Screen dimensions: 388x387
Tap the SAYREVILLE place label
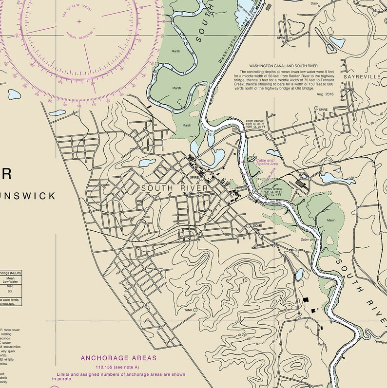click(362, 77)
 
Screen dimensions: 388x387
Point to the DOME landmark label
click(257, 226)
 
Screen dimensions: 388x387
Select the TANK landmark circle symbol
click(195, 310)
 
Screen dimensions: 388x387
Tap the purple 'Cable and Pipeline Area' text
click(265, 162)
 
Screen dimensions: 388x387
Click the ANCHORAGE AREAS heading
click(119, 358)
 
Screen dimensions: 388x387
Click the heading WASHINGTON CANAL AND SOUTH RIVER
click(283, 65)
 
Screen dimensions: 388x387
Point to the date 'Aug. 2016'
click(324, 93)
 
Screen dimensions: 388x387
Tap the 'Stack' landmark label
click(314, 3)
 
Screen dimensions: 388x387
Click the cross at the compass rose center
click(79, 21)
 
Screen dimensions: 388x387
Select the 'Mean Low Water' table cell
click(10, 280)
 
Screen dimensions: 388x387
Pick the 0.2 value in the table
click(10, 291)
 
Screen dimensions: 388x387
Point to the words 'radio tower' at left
click(12, 330)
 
